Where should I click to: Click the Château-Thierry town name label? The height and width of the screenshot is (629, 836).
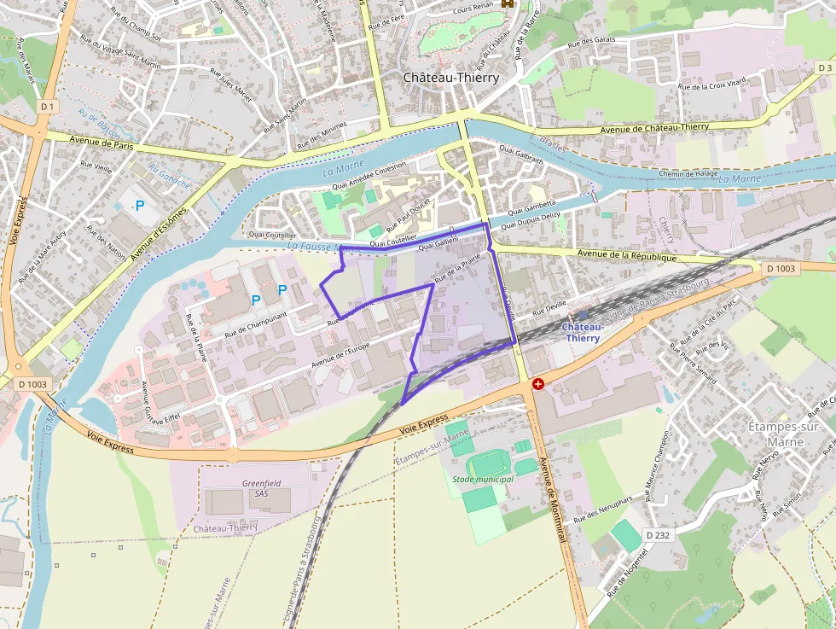[x=450, y=78]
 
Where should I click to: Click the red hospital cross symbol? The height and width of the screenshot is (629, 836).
[x=537, y=384]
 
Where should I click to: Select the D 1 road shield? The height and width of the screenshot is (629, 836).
[x=47, y=107]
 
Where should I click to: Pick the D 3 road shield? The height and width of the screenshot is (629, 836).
[x=824, y=67]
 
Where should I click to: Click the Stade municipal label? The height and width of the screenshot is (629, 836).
[x=483, y=479]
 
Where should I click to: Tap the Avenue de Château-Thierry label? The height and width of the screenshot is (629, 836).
[x=654, y=128]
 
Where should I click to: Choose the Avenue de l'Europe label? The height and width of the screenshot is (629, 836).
[x=340, y=351]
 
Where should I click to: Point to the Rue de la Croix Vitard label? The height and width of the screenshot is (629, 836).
[x=711, y=84]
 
